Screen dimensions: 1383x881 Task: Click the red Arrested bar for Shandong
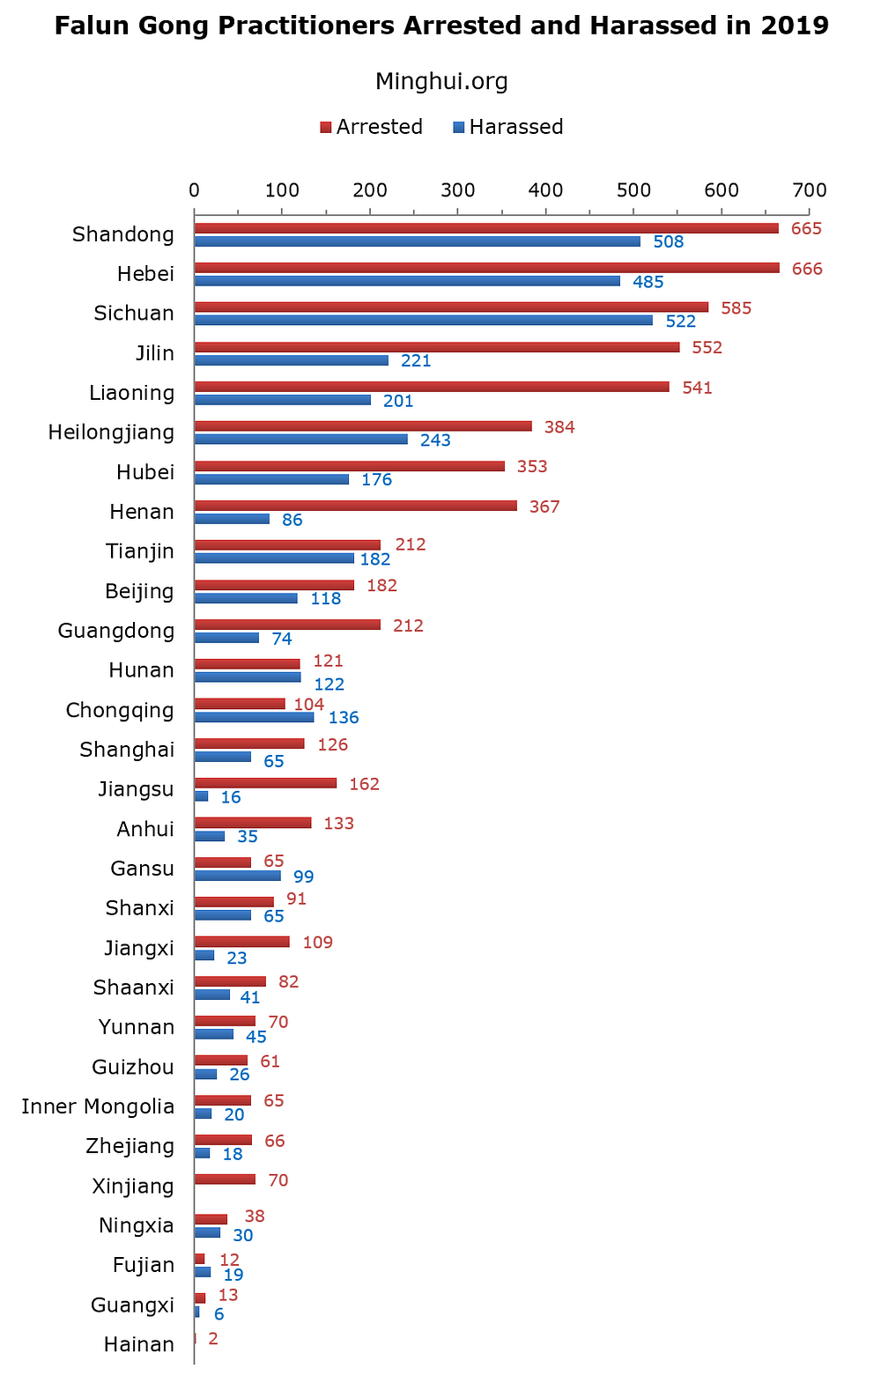[485, 228]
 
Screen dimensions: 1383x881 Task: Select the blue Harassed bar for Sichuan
[423, 321]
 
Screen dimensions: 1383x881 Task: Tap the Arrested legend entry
[371, 127]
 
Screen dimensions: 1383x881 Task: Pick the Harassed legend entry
[507, 127]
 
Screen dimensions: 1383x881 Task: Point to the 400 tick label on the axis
[545, 189]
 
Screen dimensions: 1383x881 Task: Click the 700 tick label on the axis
[810, 189]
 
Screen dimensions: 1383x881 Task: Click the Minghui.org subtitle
[441, 82]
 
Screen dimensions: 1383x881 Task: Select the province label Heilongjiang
[111, 433]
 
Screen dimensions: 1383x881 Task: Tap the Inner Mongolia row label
[98, 1106]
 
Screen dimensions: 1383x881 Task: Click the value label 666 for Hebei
[807, 269]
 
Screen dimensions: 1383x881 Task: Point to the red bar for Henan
[355, 506]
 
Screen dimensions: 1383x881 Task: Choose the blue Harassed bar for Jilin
[291, 360]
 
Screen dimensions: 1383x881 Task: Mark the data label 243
[435, 440]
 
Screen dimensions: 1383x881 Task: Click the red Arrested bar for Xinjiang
[225, 1180]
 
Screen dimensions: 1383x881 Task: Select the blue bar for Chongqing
[254, 717]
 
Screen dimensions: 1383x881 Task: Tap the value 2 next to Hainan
[212, 1339]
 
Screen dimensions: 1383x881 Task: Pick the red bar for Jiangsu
[265, 783]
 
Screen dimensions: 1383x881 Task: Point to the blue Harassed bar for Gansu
[237, 876]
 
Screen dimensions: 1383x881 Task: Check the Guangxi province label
[132, 1305]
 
